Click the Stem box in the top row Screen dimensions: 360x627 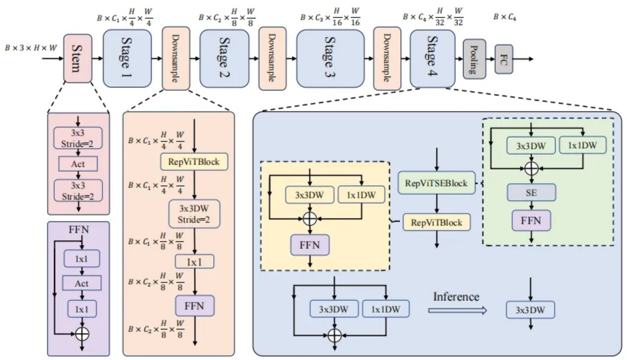(78, 58)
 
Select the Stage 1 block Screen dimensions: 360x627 (127, 58)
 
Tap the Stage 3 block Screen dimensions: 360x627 (330, 58)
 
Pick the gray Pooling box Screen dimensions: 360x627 (474, 59)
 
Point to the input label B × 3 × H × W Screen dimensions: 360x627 (31, 48)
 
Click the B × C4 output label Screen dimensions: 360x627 (504, 17)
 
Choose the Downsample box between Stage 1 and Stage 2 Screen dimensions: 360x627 (176, 58)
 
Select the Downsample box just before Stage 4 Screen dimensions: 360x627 (387, 58)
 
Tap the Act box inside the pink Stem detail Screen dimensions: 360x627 (78, 164)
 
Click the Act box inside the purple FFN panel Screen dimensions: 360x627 (82, 284)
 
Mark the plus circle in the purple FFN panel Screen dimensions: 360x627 (82, 334)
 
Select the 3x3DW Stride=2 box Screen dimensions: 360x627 (194, 214)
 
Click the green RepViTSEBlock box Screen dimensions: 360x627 (436, 183)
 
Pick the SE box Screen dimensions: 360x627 (531, 193)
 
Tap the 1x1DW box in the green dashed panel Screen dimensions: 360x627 (582, 145)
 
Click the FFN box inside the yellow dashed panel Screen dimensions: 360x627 (310, 245)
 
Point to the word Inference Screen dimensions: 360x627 (456, 297)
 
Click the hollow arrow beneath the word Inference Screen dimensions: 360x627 (457, 310)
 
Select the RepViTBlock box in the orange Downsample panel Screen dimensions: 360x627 (194, 162)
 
